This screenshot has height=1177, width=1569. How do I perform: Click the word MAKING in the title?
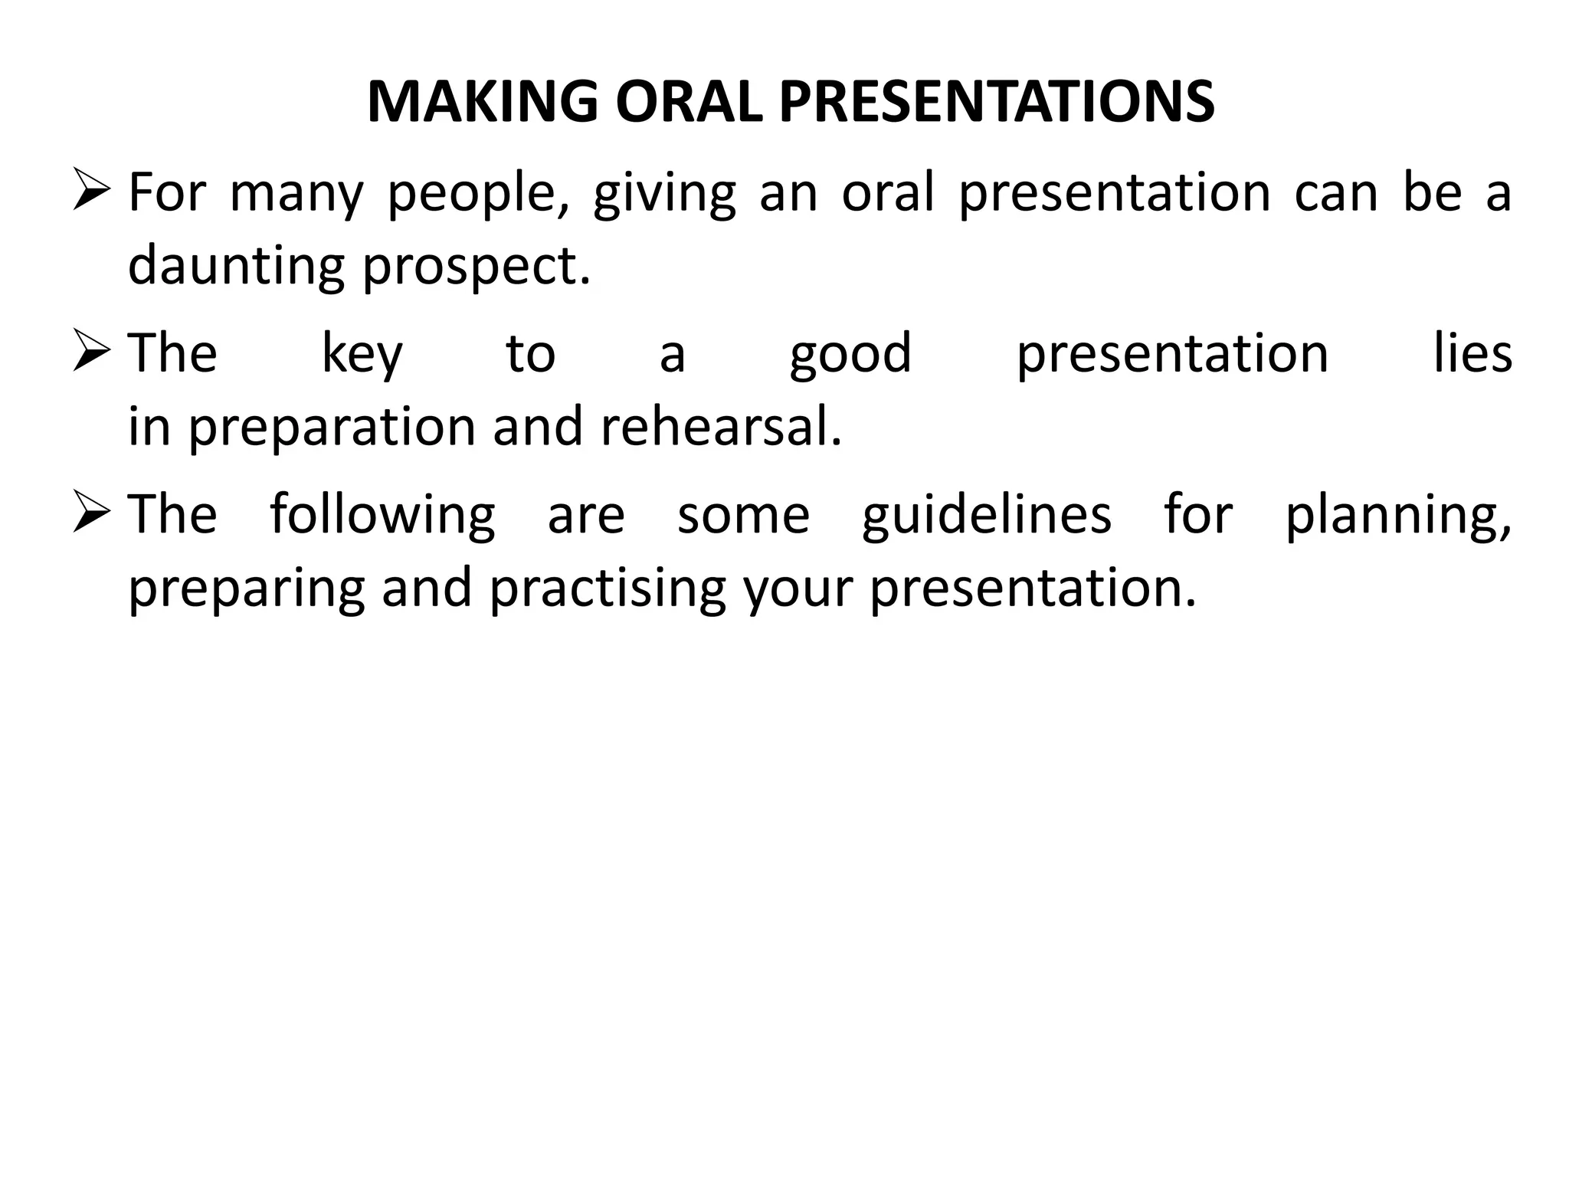(x=482, y=102)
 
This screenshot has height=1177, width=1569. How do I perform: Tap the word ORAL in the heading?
(x=689, y=102)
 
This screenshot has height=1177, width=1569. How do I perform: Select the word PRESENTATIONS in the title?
(x=997, y=102)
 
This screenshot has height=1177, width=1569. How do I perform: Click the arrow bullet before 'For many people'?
(x=93, y=192)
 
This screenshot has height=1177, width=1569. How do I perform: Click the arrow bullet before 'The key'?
(x=93, y=353)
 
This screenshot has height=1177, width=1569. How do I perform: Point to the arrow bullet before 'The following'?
(x=93, y=514)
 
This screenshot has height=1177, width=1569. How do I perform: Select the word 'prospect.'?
(x=477, y=266)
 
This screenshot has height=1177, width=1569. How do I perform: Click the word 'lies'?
(x=1472, y=353)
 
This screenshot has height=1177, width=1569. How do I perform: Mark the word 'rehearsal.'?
(x=721, y=426)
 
